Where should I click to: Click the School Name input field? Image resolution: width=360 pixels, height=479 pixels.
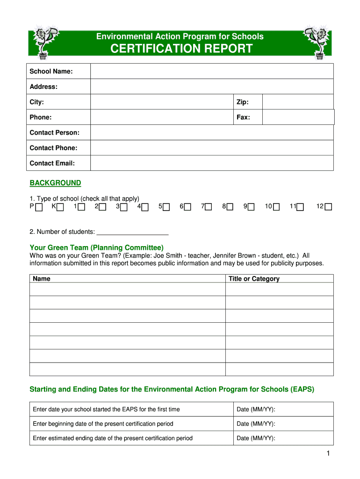pos(212,71)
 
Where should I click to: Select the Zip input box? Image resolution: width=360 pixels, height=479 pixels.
pos(298,102)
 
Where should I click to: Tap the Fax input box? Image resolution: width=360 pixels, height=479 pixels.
pos(298,117)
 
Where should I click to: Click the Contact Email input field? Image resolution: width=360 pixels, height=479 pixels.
pos(212,163)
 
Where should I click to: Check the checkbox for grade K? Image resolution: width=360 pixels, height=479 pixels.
pos(60,207)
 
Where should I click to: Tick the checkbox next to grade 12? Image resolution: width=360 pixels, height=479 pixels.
pos(328,207)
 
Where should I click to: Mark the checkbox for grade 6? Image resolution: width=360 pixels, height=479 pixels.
pos(187,207)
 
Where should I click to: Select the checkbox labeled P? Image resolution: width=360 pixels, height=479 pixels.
pos(39,207)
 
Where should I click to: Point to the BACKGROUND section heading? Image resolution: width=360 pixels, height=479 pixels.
pos(55,183)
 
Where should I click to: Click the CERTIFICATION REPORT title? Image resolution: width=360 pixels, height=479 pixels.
pos(181,49)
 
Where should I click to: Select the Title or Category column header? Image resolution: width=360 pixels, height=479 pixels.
pos(254,279)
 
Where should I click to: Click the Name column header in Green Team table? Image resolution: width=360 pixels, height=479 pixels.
pos(42,279)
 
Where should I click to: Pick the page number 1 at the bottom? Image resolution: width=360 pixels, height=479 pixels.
pos(329,454)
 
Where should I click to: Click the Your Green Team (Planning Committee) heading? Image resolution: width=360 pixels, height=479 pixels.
pos(96,247)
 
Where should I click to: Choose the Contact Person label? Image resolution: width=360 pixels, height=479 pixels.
pos(54,133)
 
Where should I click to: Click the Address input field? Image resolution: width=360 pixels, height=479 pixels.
pos(212,87)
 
